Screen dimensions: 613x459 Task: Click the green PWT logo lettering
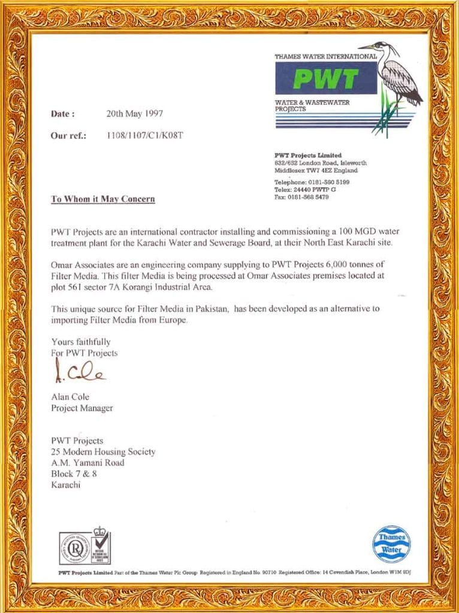[326, 78]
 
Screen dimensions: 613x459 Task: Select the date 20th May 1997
[134, 113]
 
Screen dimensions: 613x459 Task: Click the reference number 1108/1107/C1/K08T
[144, 135]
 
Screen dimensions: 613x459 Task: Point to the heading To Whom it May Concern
[103, 199]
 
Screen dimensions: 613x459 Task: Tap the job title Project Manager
[82, 408]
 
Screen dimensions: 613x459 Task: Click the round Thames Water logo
[391, 543]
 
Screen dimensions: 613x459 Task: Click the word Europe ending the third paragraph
[174, 320]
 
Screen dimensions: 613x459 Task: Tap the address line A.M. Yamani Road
[88, 463]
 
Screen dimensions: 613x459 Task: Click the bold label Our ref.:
[69, 135]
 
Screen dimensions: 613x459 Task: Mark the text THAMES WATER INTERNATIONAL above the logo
[325, 56]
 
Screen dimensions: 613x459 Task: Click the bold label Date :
[63, 113]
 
